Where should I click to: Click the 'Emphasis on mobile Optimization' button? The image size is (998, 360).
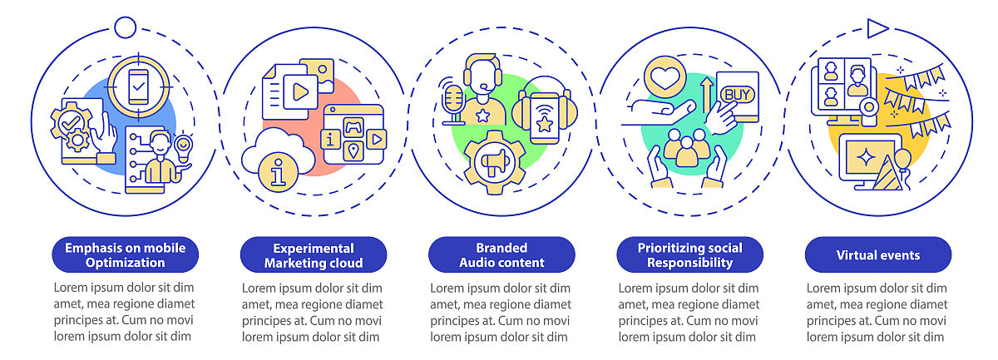click(126, 254)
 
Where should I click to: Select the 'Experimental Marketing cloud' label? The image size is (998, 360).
click(314, 254)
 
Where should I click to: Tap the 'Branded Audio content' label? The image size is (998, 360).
click(501, 254)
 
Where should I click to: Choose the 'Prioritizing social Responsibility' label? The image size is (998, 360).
click(689, 254)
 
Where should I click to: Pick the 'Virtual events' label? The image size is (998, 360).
click(877, 254)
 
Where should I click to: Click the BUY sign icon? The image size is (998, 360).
click(736, 94)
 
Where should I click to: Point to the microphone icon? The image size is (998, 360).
click(454, 100)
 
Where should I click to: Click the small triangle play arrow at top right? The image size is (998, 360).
click(876, 29)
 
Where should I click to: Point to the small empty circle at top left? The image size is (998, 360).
click(125, 27)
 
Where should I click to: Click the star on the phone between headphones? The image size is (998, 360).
click(545, 124)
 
